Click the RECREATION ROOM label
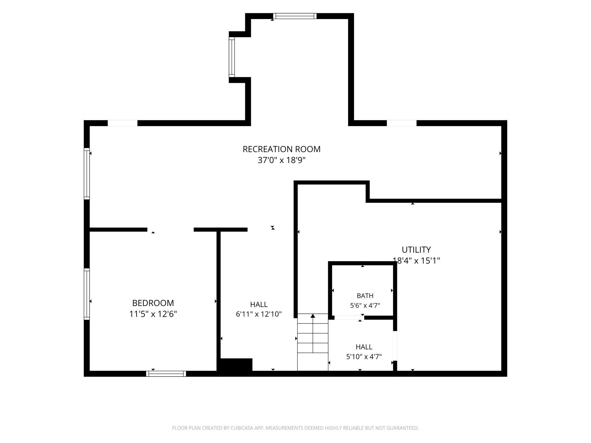281,149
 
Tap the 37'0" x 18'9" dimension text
281,160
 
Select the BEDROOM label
153,303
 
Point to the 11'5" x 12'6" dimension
153,314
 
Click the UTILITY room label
416,250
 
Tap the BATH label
365,296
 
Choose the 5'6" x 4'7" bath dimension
365,306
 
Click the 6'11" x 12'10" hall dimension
259,314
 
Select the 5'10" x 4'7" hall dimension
364,357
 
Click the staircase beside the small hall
313,342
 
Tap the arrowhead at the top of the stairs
313,316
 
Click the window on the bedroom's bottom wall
166,374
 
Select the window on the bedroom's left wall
87,294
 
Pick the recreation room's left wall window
87,174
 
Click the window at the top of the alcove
295,16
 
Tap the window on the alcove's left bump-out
232,57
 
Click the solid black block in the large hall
235,365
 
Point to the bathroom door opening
349,318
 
